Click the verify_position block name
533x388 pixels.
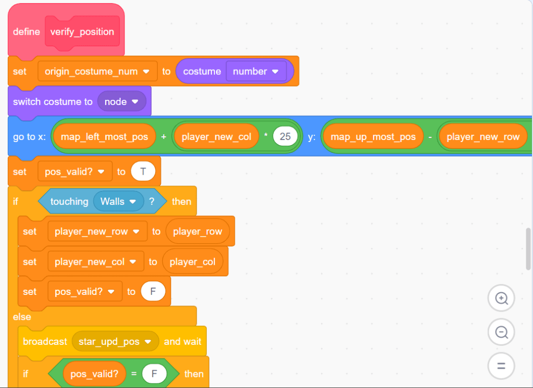click(x=82, y=32)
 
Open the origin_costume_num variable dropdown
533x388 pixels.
click(x=146, y=72)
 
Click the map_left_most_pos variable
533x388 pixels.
click(x=104, y=137)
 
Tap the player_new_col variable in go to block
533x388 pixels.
click(x=216, y=137)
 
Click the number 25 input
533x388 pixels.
click(x=285, y=137)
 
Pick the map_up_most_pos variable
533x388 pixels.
click(x=373, y=137)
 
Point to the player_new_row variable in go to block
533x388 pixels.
click(x=483, y=137)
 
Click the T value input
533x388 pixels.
click(x=143, y=172)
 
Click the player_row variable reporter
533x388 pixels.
click(x=197, y=232)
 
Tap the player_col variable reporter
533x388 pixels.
click(x=192, y=262)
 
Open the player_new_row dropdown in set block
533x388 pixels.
click(x=135, y=232)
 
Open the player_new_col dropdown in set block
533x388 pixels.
click(x=133, y=262)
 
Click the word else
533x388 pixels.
click(x=22, y=317)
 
